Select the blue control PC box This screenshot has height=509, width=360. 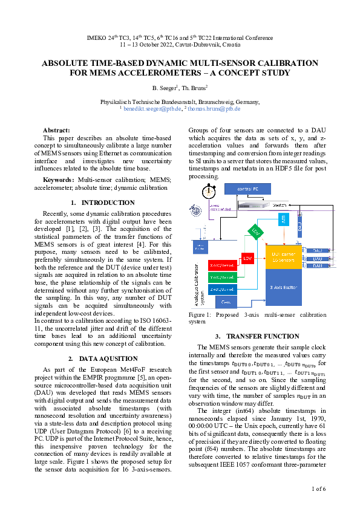(248, 189)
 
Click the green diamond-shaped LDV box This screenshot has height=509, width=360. (255, 232)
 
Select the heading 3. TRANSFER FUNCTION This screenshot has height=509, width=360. (248, 336)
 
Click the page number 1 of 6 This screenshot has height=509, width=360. (319, 488)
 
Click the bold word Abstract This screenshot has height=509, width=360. (56, 130)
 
